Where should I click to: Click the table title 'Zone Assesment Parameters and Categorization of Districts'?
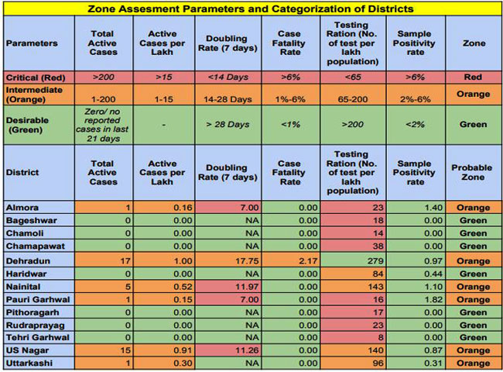251,9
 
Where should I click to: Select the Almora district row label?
23,208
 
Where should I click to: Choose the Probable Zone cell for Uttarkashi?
472,363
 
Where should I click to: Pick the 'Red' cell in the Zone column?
472,78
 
